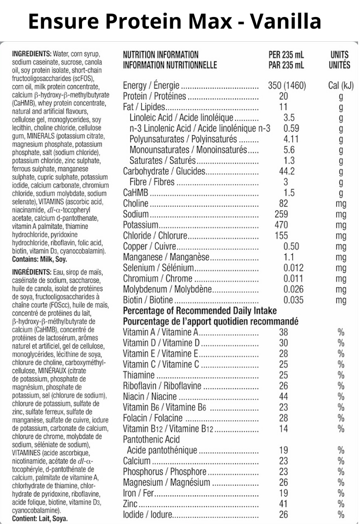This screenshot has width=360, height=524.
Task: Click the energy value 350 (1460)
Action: click(x=287, y=86)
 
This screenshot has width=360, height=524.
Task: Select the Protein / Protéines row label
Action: click(x=154, y=97)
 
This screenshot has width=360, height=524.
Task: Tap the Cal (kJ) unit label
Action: click(x=341, y=86)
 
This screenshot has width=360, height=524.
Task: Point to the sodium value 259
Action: click(x=281, y=214)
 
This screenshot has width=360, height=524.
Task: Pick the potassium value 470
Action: click(x=281, y=225)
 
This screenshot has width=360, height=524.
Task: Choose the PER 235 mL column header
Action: click(x=286, y=55)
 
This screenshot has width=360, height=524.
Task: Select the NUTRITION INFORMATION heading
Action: click(x=161, y=55)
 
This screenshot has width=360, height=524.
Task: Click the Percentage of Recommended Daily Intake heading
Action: click(x=199, y=311)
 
